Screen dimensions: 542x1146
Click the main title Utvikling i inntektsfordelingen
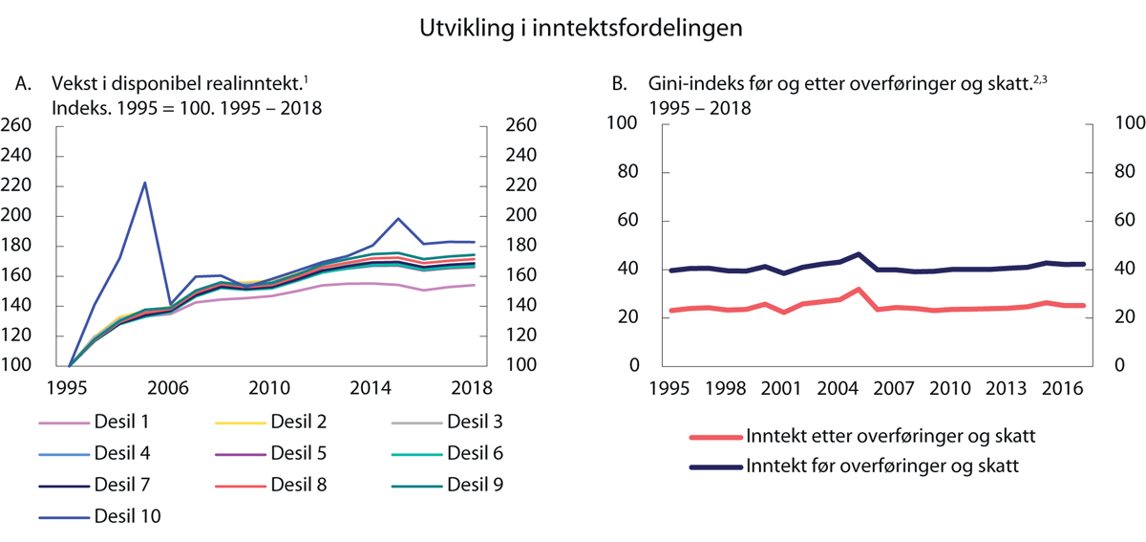[581, 29]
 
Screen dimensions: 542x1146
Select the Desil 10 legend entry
[127, 516]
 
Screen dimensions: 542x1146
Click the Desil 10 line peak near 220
[144, 183]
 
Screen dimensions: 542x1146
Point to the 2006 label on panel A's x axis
[169, 388]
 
